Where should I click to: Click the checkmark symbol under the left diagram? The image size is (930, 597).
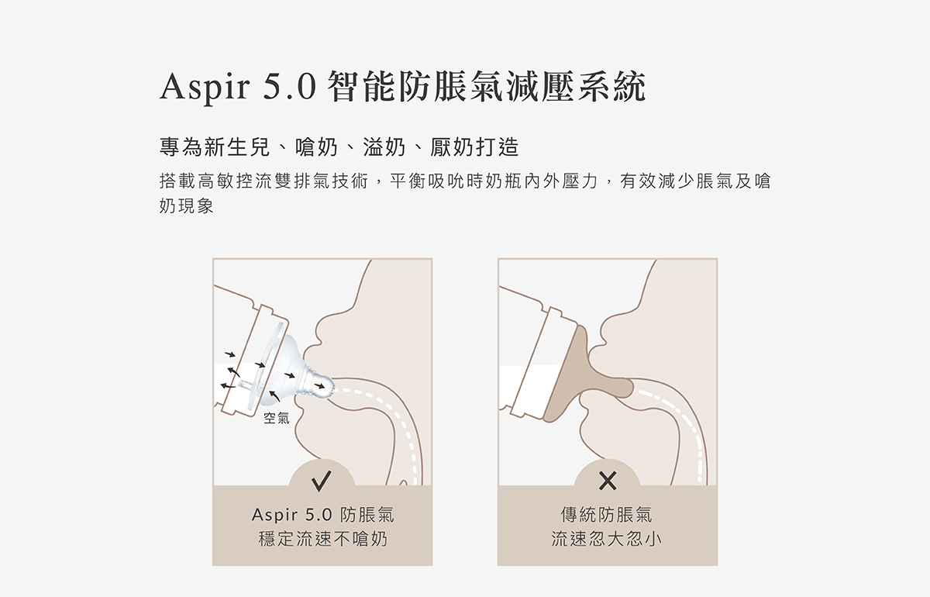click(322, 481)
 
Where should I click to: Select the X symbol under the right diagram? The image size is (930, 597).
click(608, 481)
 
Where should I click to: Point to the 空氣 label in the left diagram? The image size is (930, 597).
click(277, 418)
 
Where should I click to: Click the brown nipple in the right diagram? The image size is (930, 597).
click(585, 374)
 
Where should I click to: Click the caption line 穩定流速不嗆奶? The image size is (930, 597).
click(322, 539)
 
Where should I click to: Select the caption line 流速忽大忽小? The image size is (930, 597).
click(607, 539)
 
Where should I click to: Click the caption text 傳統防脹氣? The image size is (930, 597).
click(607, 515)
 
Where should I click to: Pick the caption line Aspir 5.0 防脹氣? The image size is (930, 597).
click(322, 515)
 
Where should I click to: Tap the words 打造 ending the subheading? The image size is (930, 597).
click(497, 147)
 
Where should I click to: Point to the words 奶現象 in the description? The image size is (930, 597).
click(187, 205)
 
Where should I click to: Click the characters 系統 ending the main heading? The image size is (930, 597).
click(612, 87)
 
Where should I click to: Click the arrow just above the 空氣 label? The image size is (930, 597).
click(274, 396)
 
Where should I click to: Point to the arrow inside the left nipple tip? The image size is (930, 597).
click(319, 386)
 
